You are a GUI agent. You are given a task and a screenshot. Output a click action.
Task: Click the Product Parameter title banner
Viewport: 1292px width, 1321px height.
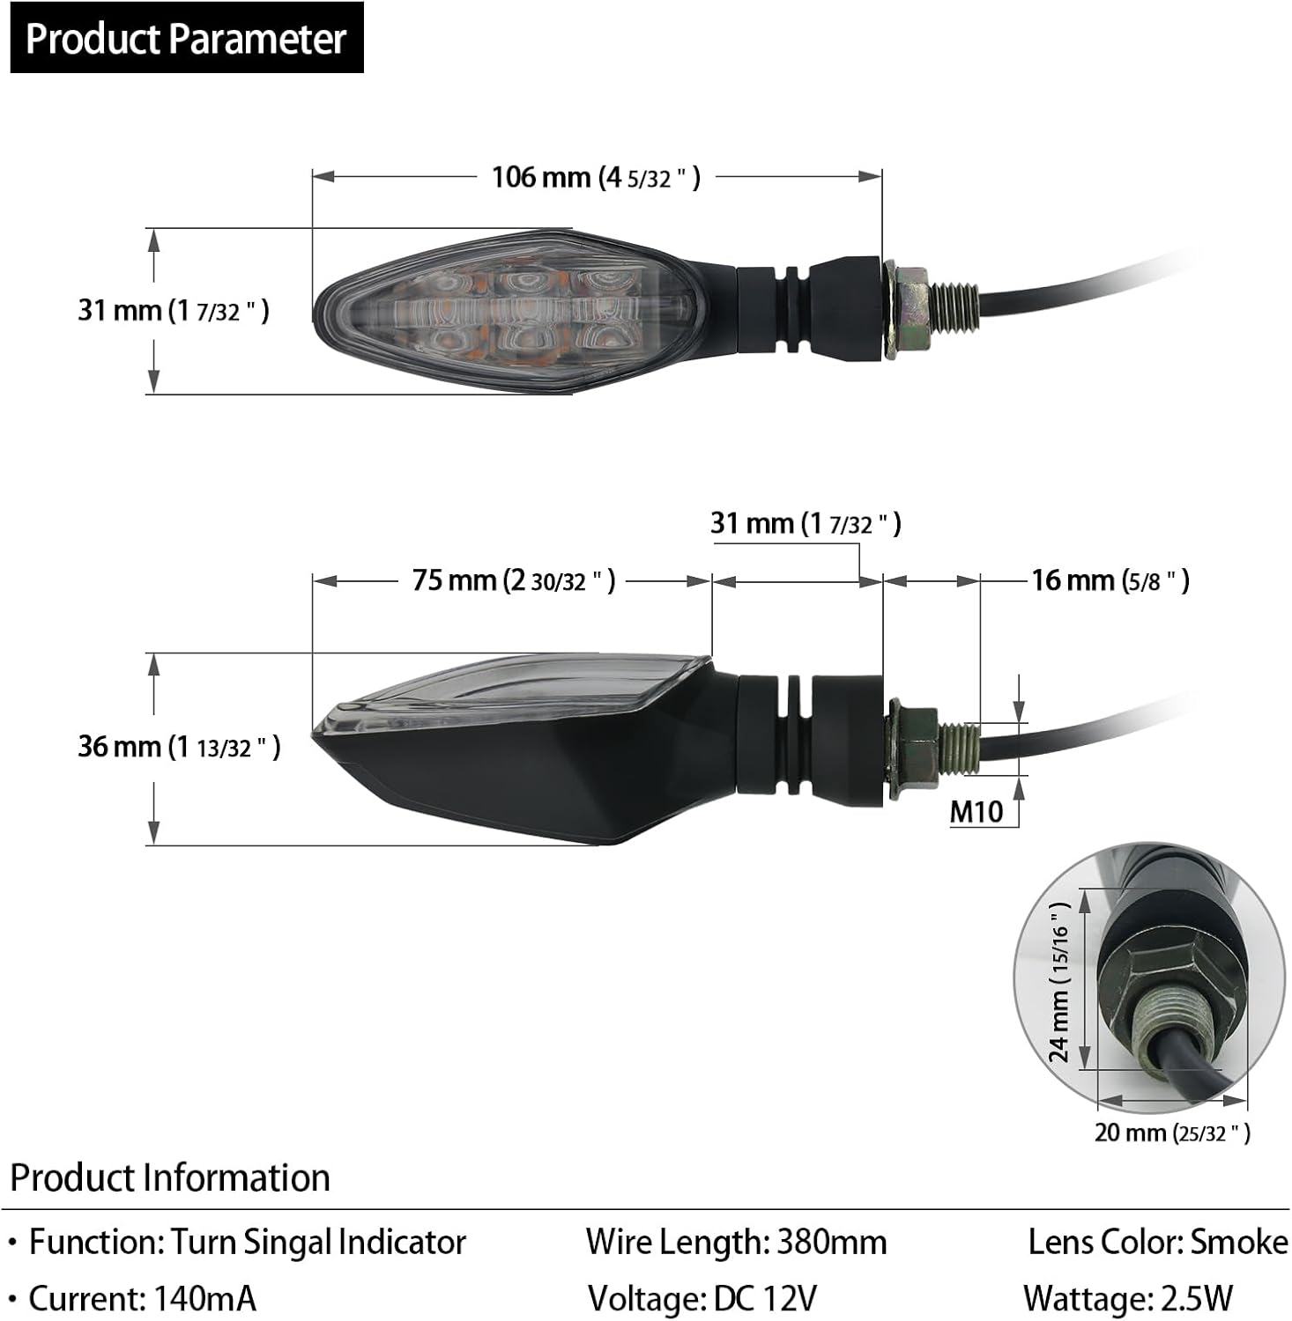pos(186,38)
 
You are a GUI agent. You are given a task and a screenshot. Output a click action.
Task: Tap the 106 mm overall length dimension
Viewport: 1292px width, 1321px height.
pos(596,177)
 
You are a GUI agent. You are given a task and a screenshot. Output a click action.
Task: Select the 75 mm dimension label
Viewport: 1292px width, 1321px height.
pos(513,580)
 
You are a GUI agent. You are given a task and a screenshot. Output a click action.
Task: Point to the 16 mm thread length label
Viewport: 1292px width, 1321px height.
pos(1110,580)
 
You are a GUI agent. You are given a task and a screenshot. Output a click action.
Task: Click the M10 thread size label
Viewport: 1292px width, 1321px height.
pos(976,811)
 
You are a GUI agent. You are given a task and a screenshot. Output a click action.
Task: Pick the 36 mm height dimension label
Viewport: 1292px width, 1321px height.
pos(179,747)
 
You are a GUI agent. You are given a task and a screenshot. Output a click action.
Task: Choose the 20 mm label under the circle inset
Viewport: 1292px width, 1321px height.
pos(1171,1133)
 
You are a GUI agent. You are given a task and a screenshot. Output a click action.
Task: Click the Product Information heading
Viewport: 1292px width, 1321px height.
pos(170,1177)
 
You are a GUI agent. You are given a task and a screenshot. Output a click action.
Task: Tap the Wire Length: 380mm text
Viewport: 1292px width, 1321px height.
pos(736,1242)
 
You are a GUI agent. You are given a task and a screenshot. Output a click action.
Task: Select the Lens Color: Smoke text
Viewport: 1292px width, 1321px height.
pos(1157,1242)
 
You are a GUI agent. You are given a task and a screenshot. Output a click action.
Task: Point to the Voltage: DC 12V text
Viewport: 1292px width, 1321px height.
pos(702,1298)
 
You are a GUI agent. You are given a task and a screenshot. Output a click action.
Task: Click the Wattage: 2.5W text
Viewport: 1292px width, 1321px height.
pos(1127,1298)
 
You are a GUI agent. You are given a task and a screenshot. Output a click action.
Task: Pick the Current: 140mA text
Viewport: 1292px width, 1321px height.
pos(142,1298)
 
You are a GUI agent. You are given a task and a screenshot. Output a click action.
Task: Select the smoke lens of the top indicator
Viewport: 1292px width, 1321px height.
pos(511,310)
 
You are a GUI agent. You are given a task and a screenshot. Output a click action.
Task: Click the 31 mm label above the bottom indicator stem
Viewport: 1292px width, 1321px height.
pos(806,524)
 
